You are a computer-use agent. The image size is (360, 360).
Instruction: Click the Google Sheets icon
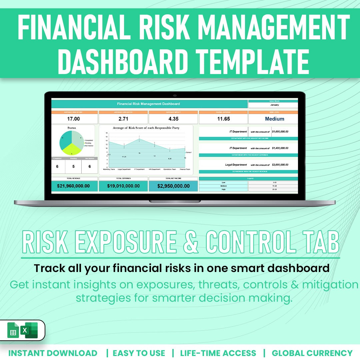click(x=13, y=330)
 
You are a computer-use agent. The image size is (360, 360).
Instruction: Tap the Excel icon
click(x=30, y=330)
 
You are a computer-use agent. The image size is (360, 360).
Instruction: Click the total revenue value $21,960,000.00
click(x=73, y=186)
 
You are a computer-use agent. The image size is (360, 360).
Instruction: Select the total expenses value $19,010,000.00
click(x=123, y=186)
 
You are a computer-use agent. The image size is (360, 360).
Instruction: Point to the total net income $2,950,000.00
click(x=173, y=186)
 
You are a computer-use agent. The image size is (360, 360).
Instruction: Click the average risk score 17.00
click(x=73, y=119)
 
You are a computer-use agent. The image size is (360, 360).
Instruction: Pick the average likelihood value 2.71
click(x=123, y=119)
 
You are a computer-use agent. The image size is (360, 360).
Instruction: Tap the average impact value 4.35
click(x=173, y=119)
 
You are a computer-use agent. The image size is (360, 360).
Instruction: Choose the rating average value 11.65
click(x=223, y=119)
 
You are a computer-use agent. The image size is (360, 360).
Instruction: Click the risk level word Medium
click(x=274, y=119)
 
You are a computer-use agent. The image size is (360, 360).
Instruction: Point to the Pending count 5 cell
click(x=74, y=166)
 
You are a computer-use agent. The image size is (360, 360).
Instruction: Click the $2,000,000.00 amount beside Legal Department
click(x=280, y=165)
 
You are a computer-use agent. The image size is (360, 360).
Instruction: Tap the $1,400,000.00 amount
click(x=280, y=148)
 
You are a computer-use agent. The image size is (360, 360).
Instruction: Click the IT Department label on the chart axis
click(x=139, y=169)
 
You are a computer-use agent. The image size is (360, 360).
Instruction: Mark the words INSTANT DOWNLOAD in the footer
click(x=53, y=353)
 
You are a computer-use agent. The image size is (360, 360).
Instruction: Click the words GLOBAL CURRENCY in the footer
click(x=312, y=353)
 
